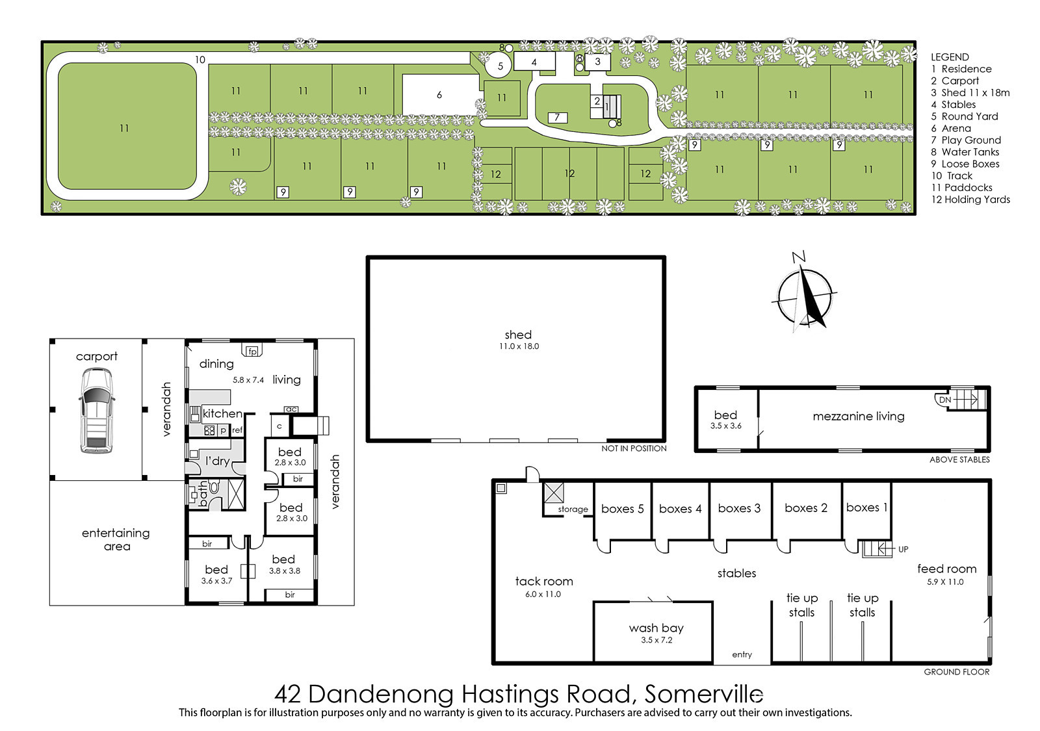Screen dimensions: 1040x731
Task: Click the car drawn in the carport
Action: (x=96, y=410)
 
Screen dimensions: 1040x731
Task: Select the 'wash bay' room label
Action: (x=656, y=628)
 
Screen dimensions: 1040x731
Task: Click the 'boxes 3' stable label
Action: (x=739, y=508)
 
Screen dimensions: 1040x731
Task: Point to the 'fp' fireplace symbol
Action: (x=252, y=351)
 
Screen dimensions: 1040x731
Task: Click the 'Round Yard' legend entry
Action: (x=965, y=116)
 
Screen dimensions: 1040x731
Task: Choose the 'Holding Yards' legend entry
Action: (x=970, y=199)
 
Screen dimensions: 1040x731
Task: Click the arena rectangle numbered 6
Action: (x=440, y=95)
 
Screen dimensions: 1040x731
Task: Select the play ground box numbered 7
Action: (x=557, y=118)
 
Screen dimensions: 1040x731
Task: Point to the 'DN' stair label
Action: (x=945, y=400)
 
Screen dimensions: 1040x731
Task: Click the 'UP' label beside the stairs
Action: (x=903, y=549)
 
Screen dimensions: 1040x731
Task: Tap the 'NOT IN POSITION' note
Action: (x=634, y=448)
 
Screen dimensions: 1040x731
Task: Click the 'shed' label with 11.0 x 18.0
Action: (x=519, y=339)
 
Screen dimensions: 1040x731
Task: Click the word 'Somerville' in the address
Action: (x=704, y=695)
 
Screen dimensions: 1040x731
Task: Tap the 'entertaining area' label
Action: (x=116, y=539)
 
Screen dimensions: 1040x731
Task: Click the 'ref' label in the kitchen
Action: (x=237, y=430)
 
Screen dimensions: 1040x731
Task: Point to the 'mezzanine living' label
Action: (x=859, y=417)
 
